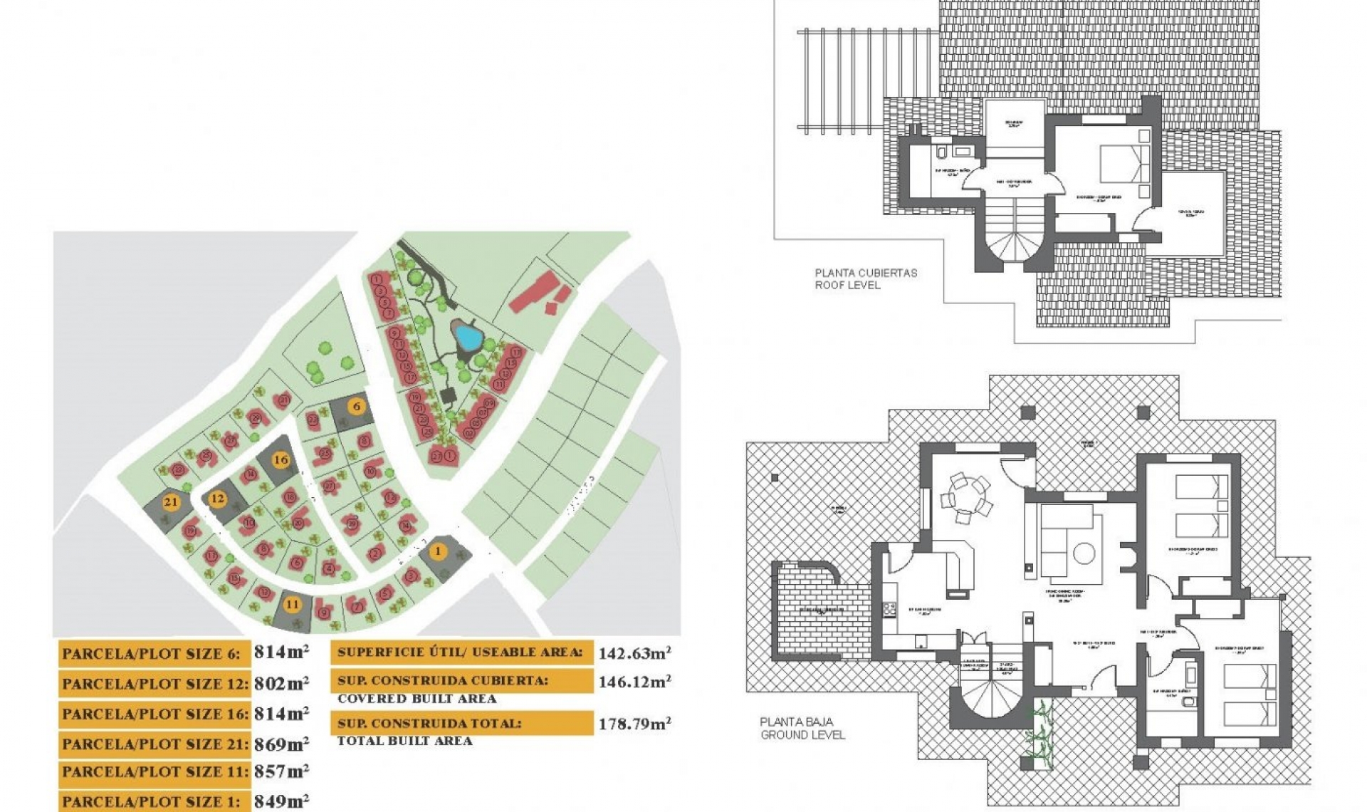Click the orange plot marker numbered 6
[x=357, y=407]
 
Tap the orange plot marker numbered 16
[x=281, y=459]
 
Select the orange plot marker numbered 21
[x=170, y=501]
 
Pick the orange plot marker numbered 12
[x=217, y=499]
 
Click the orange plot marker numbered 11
[x=293, y=604]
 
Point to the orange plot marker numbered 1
[x=438, y=551]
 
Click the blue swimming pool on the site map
[x=467, y=334]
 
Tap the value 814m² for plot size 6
[x=281, y=652]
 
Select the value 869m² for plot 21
[x=281, y=744]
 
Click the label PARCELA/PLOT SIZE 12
[x=154, y=684]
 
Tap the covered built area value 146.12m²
[x=634, y=682]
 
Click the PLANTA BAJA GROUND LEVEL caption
[x=802, y=728]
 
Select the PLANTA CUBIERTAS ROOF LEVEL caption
[x=866, y=279]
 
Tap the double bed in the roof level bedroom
[x=1123, y=165]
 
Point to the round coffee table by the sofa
[x=1084, y=553]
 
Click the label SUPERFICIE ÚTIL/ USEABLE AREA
[x=460, y=652]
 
